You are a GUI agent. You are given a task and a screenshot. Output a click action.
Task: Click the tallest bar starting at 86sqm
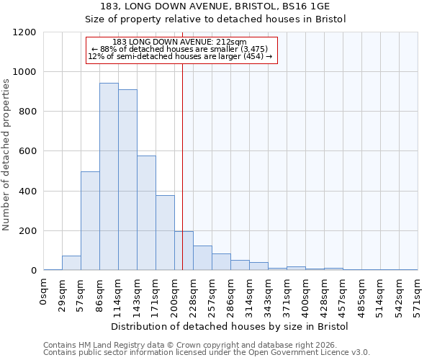(109, 176)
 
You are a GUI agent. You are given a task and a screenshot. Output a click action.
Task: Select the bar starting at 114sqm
(127, 180)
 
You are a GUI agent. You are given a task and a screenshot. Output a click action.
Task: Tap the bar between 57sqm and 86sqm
(90, 220)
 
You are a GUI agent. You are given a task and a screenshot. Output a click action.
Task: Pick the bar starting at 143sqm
(146, 213)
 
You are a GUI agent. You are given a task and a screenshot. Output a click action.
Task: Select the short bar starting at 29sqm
(71, 263)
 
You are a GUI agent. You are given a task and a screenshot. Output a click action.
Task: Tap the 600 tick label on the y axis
(27, 151)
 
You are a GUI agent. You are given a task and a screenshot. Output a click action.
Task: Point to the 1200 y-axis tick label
(24, 32)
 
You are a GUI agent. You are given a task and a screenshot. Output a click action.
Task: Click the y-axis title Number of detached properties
(6, 155)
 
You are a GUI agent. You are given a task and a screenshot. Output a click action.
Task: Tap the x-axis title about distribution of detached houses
(230, 327)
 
